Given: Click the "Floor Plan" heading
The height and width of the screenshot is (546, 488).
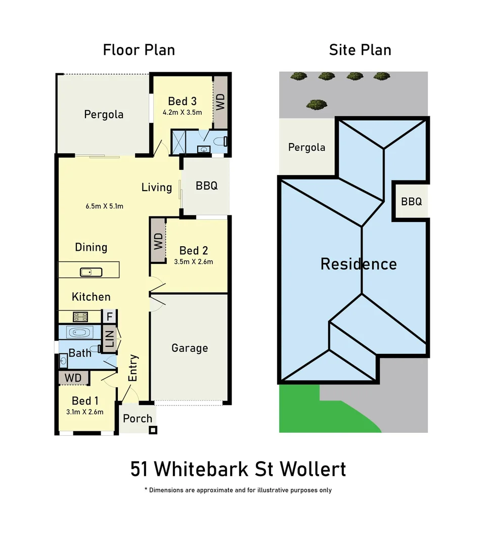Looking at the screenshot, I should [x=139, y=50].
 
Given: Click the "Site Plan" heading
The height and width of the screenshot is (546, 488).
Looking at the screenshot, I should [x=360, y=50].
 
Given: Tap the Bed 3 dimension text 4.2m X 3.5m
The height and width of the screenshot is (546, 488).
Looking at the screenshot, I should [x=182, y=112].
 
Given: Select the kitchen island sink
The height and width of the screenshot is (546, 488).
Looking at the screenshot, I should [x=91, y=272].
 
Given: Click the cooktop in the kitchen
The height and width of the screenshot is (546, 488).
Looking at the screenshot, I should [x=81, y=317].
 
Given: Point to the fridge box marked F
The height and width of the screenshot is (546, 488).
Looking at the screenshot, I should [x=109, y=317].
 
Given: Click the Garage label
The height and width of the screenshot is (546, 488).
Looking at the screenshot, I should [x=190, y=348].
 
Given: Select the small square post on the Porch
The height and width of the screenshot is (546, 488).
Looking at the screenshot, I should [x=153, y=430].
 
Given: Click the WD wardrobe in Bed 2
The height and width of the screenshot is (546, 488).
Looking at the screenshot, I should [x=158, y=240].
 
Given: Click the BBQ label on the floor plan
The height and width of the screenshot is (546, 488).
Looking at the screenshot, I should [x=206, y=186].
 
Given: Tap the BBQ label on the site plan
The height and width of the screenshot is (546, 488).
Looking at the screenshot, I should [x=411, y=202].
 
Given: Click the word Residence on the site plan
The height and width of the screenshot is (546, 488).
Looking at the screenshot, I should [x=359, y=264].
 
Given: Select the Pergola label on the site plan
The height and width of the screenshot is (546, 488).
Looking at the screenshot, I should [x=306, y=148].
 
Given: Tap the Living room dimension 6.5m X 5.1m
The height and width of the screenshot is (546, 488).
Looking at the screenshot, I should [x=105, y=206].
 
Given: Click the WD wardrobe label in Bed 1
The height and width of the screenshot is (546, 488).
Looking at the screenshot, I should [x=73, y=378].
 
